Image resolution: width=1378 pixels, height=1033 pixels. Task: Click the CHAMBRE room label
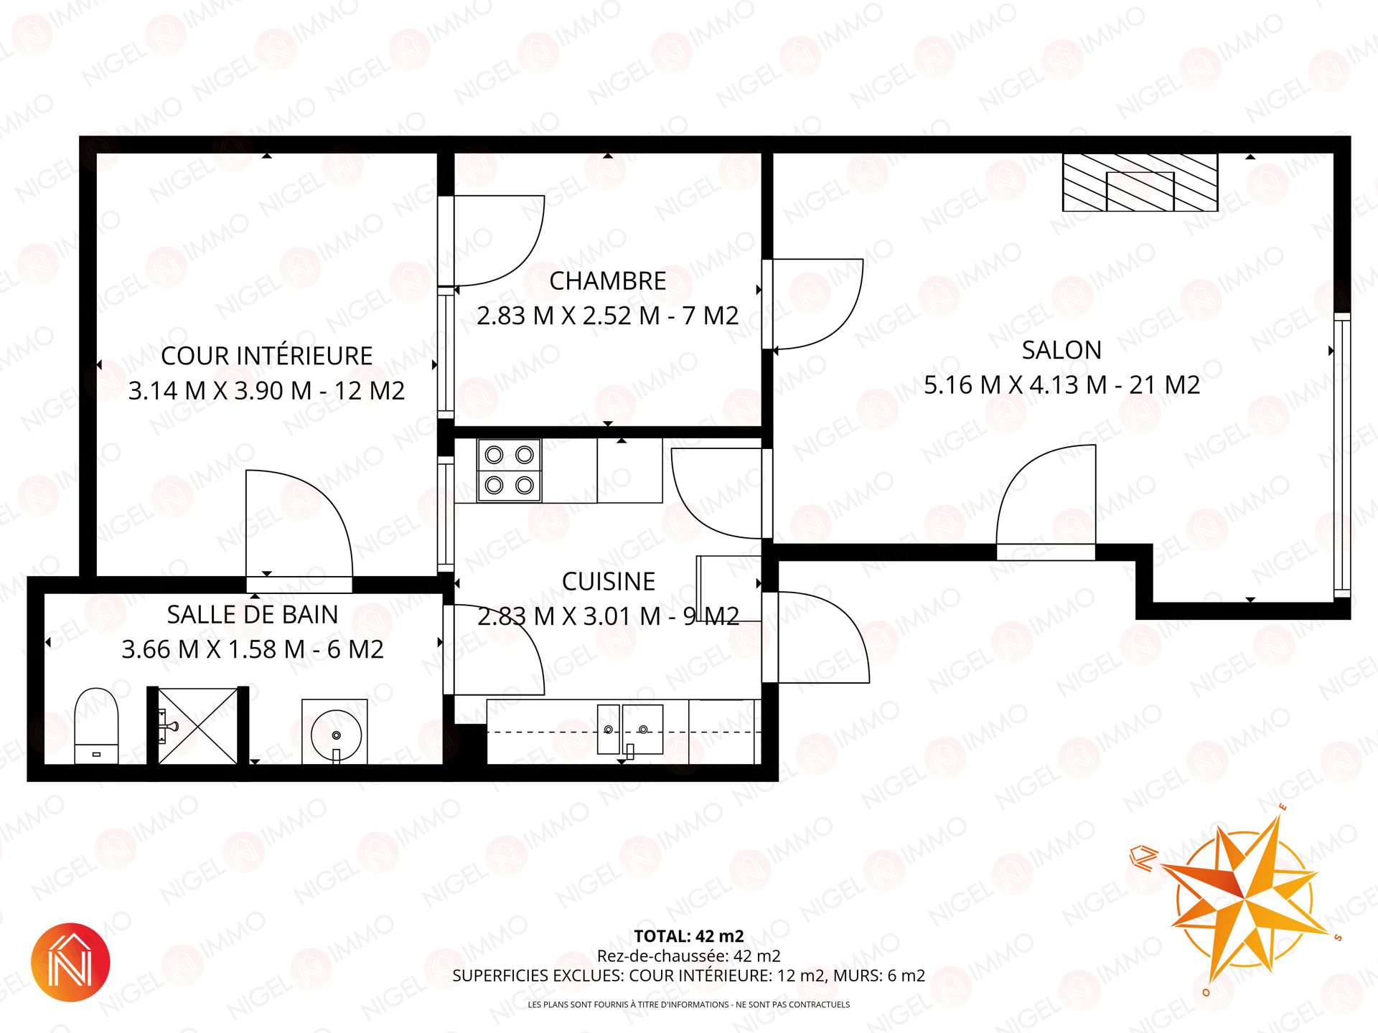click(x=607, y=281)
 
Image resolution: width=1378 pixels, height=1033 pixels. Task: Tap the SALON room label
click(x=1061, y=350)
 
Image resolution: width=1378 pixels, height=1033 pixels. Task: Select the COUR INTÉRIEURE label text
click(x=266, y=355)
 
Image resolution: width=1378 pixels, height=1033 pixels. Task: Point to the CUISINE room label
click(x=608, y=581)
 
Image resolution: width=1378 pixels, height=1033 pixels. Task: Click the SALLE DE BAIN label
click(x=252, y=615)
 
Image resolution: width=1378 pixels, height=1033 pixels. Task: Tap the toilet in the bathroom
click(x=96, y=725)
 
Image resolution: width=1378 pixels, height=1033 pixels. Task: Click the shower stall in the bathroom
click(x=197, y=726)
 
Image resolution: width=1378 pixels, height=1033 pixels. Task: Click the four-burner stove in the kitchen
click(x=509, y=470)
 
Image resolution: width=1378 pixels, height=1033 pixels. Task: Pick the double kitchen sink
click(x=630, y=730)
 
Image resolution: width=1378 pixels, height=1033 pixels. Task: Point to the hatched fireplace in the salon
click(x=1140, y=182)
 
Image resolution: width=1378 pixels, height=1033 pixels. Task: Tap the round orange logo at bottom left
click(x=70, y=962)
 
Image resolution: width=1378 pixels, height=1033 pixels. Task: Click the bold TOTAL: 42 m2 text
click(x=688, y=936)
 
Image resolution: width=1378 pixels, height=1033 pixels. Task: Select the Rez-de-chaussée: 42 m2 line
click(x=688, y=956)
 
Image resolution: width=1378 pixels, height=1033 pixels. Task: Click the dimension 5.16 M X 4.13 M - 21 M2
click(x=1061, y=385)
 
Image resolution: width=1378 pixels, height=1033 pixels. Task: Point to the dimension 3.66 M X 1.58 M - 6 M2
click(x=252, y=649)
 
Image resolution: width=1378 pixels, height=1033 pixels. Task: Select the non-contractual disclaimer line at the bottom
click(x=688, y=1004)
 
